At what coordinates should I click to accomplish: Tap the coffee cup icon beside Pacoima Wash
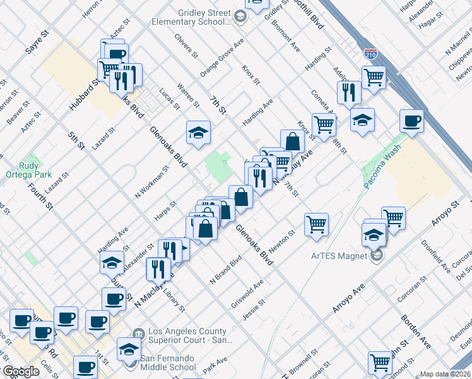(412, 121)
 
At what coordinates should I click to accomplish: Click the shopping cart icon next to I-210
(374, 78)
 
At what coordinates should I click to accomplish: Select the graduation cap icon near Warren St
(198, 133)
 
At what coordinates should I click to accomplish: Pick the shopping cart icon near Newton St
(316, 224)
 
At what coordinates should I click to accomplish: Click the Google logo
(20, 371)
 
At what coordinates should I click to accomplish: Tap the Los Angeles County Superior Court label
(186, 335)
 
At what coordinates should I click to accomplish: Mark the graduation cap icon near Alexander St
(112, 262)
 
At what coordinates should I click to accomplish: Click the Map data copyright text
(445, 374)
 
